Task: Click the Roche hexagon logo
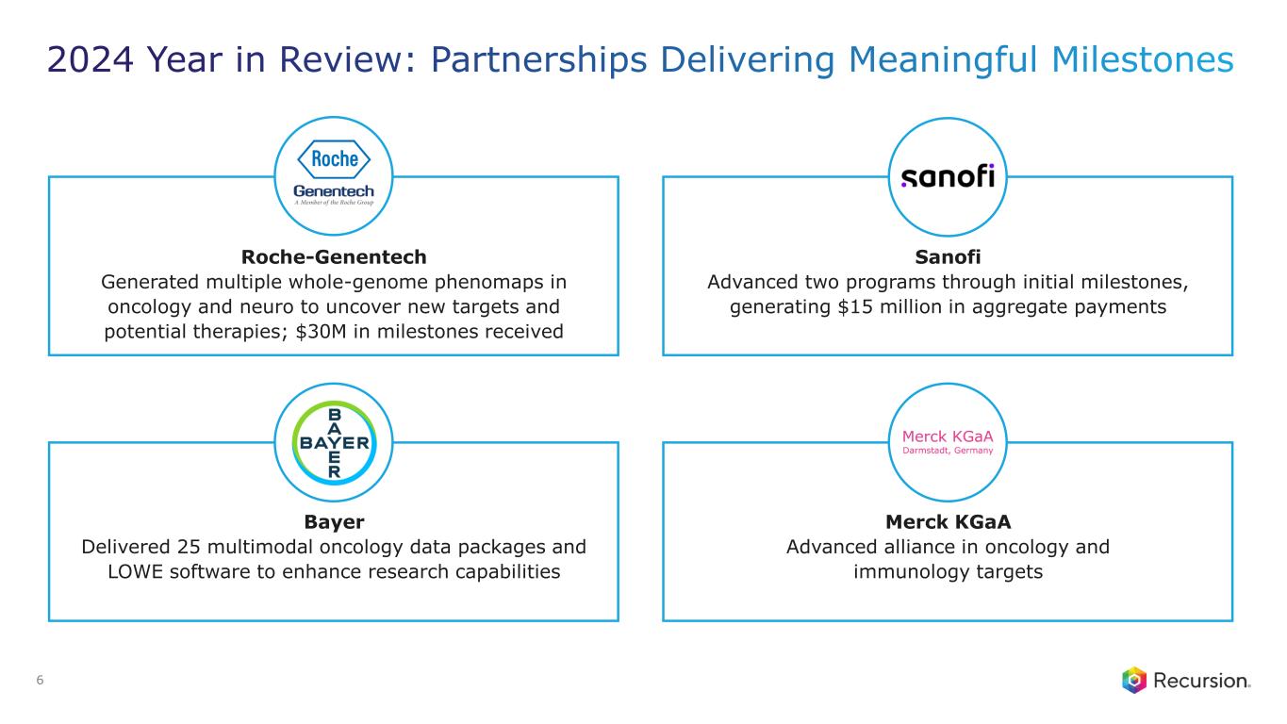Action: click(x=334, y=158)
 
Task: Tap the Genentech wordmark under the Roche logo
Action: click(x=334, y=190)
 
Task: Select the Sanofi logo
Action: click(x=948, y=176)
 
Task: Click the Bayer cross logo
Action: click(x=334, y=442)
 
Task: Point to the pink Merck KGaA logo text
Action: click(x=948, y=442)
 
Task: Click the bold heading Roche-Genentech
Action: click(x=334, y=256)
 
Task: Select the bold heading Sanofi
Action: click(x=948, y=256)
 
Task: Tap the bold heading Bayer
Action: click(x=334, y=521)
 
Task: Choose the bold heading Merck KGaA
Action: click(x=948, y=521)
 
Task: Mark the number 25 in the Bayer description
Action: click(x=188, y=547)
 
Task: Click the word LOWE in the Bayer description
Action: click(x=135, y=571)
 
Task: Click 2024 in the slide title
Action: click(x=91, y=59)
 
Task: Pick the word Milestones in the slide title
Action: click(x=1142, y=59)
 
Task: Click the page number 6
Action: click(x=40, y=681)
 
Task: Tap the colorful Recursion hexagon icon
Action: click(x=1134, y=681)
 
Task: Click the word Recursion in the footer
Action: click(x=1201, y=681)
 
